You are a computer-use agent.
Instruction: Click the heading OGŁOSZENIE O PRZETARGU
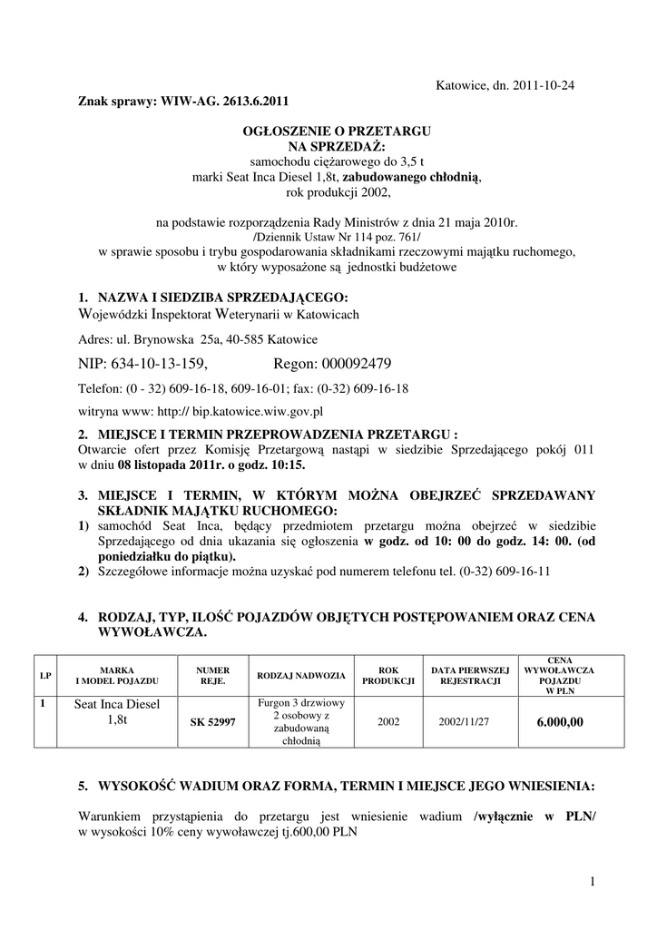(336, 132)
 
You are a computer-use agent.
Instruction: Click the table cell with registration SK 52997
(211, 722)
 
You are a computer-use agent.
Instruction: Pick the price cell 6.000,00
(560, 722)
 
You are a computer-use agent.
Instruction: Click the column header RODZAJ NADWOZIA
(301, 676)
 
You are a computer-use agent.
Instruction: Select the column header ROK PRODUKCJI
(388, 676)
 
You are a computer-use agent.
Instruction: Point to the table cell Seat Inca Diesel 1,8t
(117, 712)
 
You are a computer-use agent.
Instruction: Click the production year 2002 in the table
(388, 722)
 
